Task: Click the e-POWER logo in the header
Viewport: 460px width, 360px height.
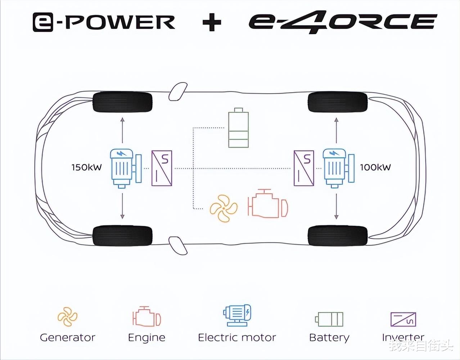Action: tap(104, 22)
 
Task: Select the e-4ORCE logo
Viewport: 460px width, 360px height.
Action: tap(343, 22)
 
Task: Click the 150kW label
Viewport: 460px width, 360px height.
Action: tap(86, 167)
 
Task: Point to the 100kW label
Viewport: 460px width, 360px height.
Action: tap(375, 167)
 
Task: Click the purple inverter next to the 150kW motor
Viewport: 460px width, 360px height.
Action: tap(162, 168)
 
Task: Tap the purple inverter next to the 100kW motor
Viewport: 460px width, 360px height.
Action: tap(304, 168)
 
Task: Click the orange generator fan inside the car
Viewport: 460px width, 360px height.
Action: tap(224, 208)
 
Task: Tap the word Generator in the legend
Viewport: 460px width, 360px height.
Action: tap(67, 338)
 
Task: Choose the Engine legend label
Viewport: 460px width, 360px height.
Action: tap(146, 338)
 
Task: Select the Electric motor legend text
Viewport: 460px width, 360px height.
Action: tap(237, 338)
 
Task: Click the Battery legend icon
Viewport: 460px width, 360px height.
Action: tap(329, 319)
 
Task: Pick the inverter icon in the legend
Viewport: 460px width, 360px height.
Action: tap(403, 319)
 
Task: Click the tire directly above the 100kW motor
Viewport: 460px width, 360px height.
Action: tap(337, 102)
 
